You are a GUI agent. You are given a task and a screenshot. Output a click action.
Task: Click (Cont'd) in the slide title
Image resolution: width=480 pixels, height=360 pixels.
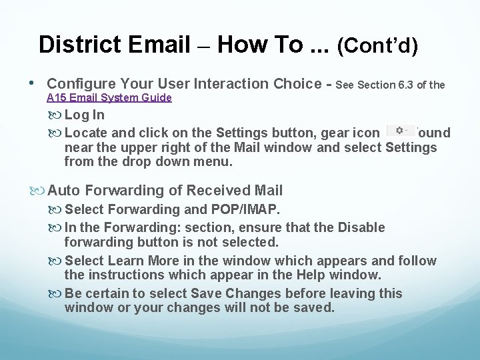click(x=378, y=45)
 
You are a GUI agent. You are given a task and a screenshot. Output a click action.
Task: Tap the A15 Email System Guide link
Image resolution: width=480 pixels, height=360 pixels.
click(x=109, y=98)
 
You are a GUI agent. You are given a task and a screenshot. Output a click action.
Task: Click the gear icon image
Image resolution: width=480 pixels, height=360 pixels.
click(x=401, y=130)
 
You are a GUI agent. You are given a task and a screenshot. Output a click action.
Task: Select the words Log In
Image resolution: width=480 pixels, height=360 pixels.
click(x=84, y=115)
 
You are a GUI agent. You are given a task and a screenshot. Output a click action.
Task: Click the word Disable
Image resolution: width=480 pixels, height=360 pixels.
click(x=361, y=227)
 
